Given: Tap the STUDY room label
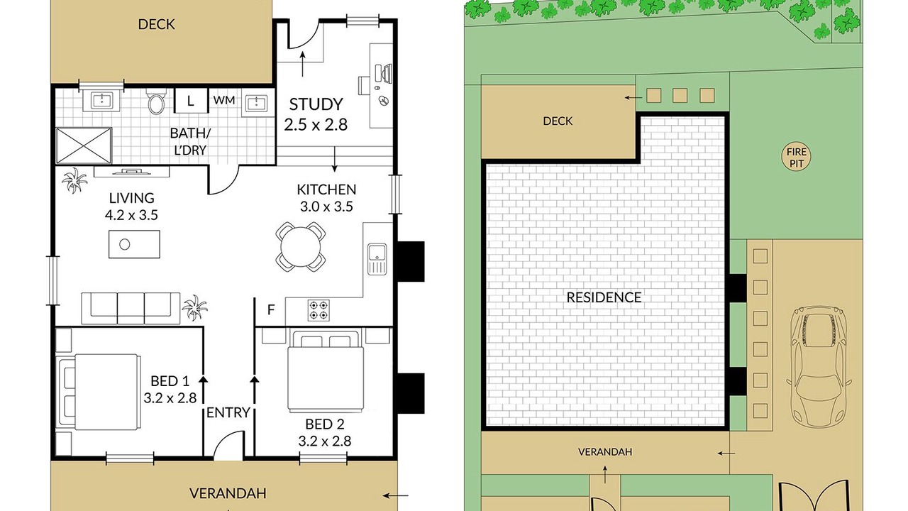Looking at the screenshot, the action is pyautogui.click(x=316, y=104).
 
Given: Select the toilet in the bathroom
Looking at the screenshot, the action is pyautogui.click(x=156, y=102).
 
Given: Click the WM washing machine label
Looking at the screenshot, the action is pyautogui.click(x=223, y=100).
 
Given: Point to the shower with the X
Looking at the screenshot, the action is pyautogui.click(x=84, y=145).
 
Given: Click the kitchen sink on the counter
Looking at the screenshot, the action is pyautogui.click(x=377, y=259).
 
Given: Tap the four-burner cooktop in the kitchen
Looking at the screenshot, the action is pyautogui.click(x=319, y=310).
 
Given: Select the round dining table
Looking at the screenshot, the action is pyautogui.click(x=300, y=247).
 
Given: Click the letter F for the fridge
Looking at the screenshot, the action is pyautogui.click(x=271, y=310).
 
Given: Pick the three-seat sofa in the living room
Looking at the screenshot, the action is pyautogui.click(x=131, y=308).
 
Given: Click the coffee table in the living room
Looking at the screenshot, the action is pyautogui.click(x=134, y=244).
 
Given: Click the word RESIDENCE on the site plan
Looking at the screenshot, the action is pyautogui.click(x=604, y=297).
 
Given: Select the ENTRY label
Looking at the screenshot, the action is pyautogui.click(x=228, y=413).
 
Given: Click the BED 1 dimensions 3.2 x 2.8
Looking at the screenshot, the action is pyautogui.click(x=170, y=398).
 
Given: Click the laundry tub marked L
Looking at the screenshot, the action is pyautogui.click(x=191, y=101).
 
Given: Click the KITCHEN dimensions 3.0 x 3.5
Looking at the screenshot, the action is pyautogui.click(x=326, y=207).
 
